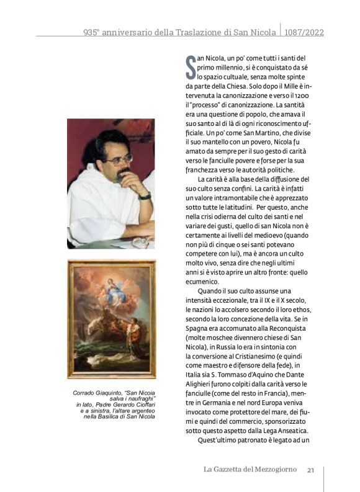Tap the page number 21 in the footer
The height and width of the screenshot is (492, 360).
tap(312, 469)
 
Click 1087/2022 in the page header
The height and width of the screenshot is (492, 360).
tap(304, 31)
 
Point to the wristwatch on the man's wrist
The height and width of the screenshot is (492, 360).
tap(145, 197)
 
